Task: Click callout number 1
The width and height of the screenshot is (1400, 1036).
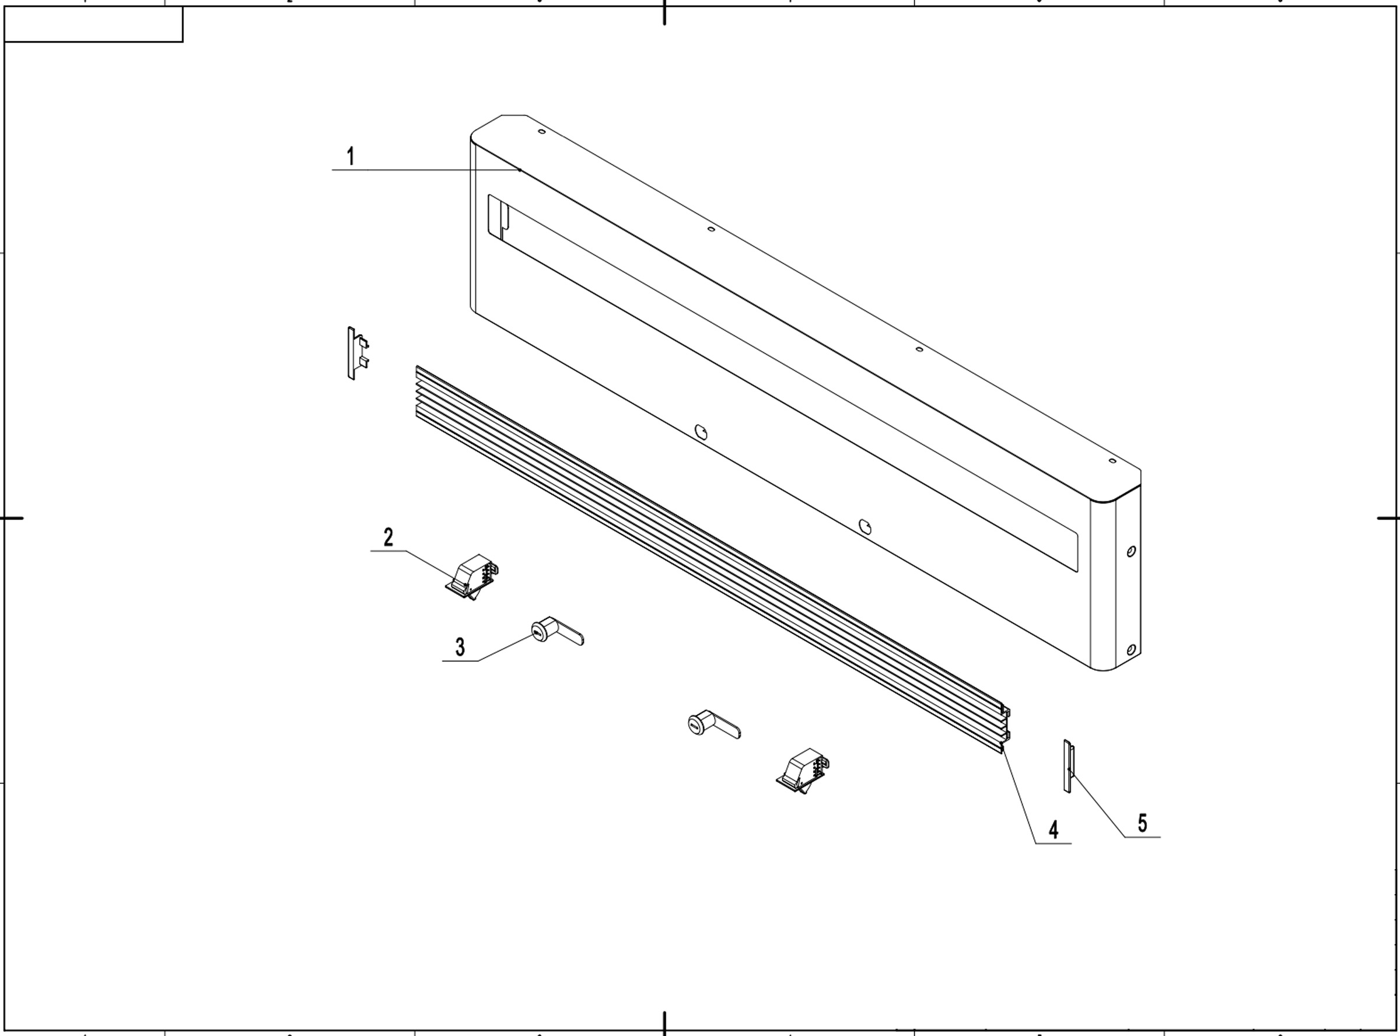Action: coord(351,156)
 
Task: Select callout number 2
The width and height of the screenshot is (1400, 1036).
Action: coord(388,537)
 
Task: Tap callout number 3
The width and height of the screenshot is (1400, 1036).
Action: coord(460,646)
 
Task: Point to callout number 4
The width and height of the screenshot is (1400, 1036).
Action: coord(1053,829)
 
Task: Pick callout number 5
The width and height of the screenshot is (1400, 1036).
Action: coord(1142,822)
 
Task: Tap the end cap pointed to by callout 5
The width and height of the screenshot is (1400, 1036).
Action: coord(1067,766)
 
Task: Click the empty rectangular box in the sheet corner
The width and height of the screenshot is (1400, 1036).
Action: coord(93,24)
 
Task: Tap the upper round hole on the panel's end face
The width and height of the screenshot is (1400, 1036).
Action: coord(1130,551)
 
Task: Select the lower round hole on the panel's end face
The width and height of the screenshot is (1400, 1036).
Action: coord(1130,650)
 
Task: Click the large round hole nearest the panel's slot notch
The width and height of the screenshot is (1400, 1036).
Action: coord(701,432)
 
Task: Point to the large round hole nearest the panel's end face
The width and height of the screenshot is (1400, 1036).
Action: coord(865,526)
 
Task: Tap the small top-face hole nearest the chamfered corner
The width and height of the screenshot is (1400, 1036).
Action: coord(542,132)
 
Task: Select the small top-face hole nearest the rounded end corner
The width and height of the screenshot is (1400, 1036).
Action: coord(1112,461)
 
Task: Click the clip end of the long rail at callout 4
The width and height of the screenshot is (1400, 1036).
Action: coord(1005,729)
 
